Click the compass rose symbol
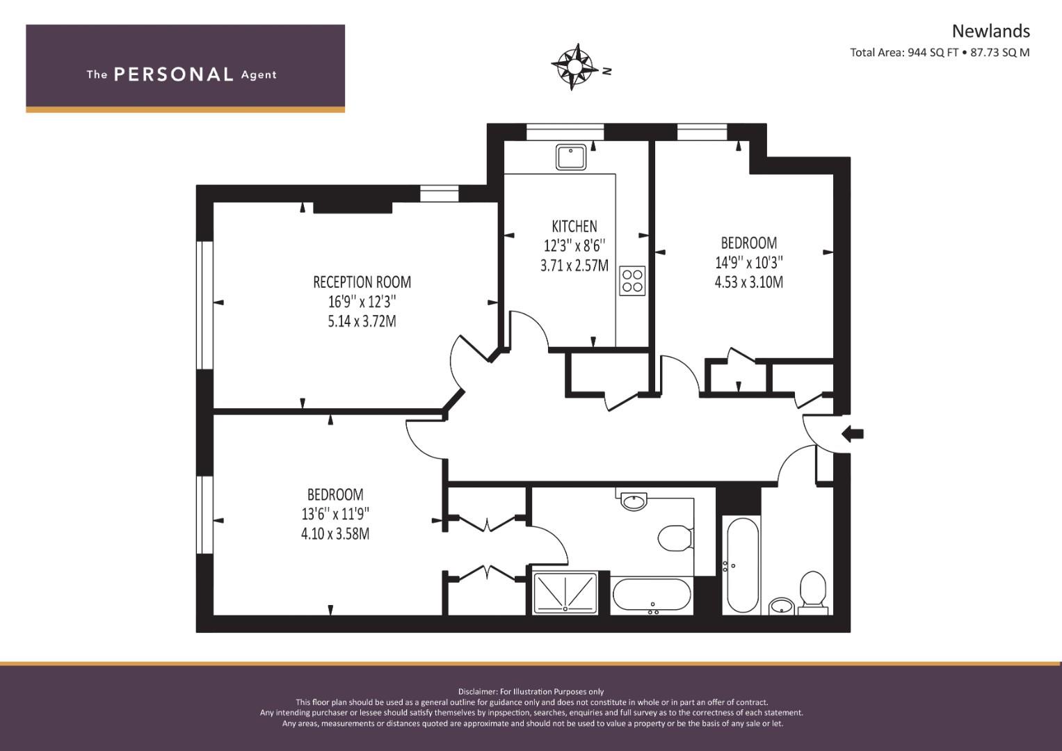point(574,67)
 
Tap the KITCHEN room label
point(574,226)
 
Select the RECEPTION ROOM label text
point(362,282)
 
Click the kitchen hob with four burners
point(632,280)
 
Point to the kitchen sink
point(572,156)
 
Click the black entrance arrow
point(853,434)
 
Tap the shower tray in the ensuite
point(565,592)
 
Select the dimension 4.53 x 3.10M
point(748,282)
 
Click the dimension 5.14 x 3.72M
point(362,321)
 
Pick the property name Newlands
point(990,31)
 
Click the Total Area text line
point(939,52)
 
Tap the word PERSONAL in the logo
point(173,74)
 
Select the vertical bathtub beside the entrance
point(741,564)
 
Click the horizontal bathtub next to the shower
point(652,595)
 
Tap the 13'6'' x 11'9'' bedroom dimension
point(335,514)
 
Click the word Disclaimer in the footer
point(477,691)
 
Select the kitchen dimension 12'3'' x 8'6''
point(574,245)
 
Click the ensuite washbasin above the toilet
point(634,501)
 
